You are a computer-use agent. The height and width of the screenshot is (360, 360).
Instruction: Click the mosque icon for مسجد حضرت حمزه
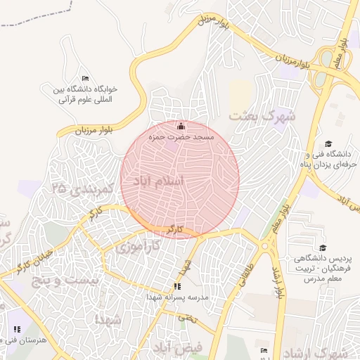tap(181, 126)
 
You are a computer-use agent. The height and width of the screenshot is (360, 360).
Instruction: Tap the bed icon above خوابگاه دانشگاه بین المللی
tap(85, 78)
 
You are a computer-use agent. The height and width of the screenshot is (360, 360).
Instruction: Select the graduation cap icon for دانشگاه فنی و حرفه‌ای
tap(328, 143)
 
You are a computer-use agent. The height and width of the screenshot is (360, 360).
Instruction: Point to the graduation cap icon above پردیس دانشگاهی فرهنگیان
tap(323, 247)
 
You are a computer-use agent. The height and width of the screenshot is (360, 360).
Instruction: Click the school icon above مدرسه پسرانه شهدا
tap(177, 286)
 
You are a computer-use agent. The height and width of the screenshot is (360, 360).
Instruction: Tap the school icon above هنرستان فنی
tap(16, 328)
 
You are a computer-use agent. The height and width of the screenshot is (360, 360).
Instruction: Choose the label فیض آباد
tap(176, 347)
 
